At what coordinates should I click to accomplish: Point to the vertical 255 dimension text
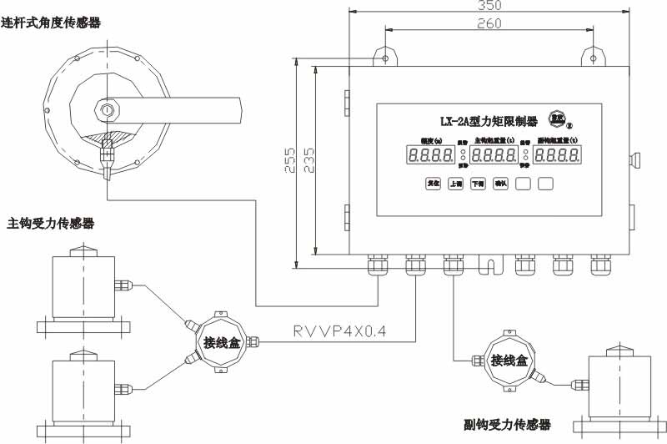(289, 160)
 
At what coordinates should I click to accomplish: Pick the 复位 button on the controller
(433, 184)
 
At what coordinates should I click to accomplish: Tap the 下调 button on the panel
(478, 184)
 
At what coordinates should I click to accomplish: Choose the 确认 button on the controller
(500, 184)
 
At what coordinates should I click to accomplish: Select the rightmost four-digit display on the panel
(558, 154)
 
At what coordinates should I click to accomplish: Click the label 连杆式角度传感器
(51, 23)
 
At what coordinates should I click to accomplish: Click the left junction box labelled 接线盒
(221, 341)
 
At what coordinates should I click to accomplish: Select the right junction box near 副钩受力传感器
(509, 361)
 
